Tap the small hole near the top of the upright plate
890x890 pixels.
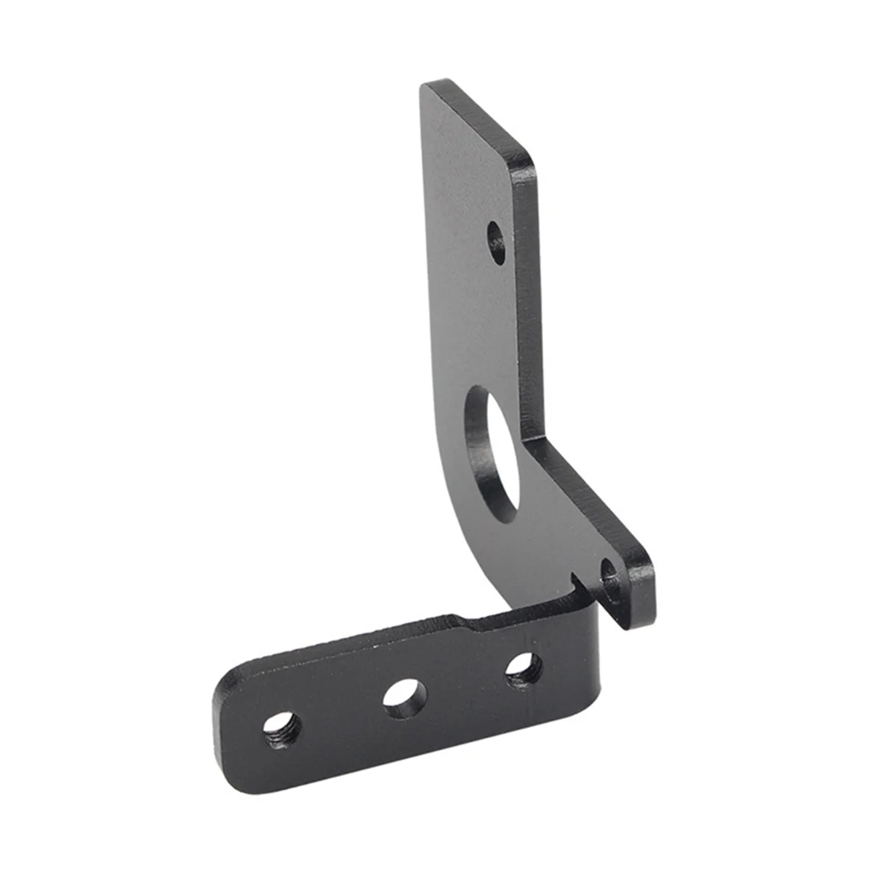(496, 242)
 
